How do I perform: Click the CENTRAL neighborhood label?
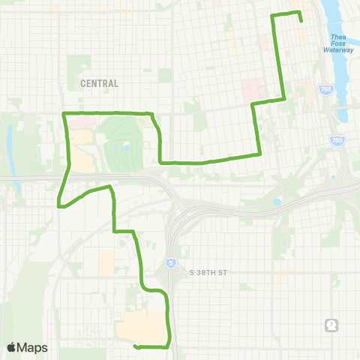pos(99,84)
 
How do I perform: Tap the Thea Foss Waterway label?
pos(338,44)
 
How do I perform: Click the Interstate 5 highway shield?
pos(170,262)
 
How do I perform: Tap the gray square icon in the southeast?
pos(332,325)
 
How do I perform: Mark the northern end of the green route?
pos(301,20)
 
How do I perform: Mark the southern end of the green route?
pos(135,346)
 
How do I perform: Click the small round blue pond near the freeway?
pos(277,202)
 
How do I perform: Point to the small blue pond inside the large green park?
pos(126,148)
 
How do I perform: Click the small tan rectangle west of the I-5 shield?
pos(106,262)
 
